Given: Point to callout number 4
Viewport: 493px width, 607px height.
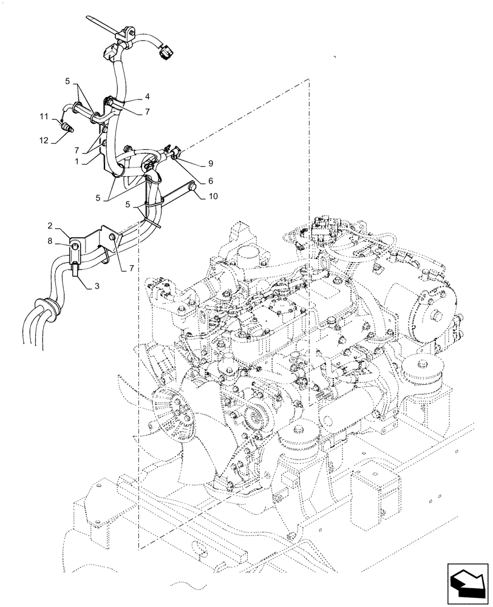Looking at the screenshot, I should click(x=147, y=97).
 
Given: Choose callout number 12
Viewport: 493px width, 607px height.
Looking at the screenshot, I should click(x=43, y=141).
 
